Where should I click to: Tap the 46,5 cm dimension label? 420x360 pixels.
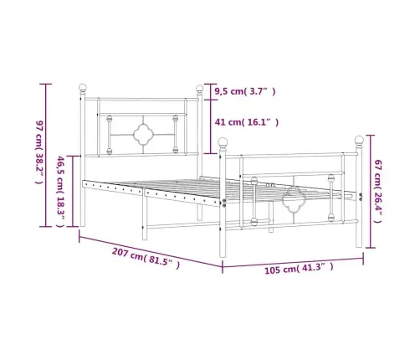(x=60, y=191)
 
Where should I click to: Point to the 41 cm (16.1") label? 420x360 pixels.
(x=246, y=122)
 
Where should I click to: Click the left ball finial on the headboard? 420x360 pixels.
(x=82, y=86)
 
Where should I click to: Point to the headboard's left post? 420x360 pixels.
(x=82, y=159)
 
